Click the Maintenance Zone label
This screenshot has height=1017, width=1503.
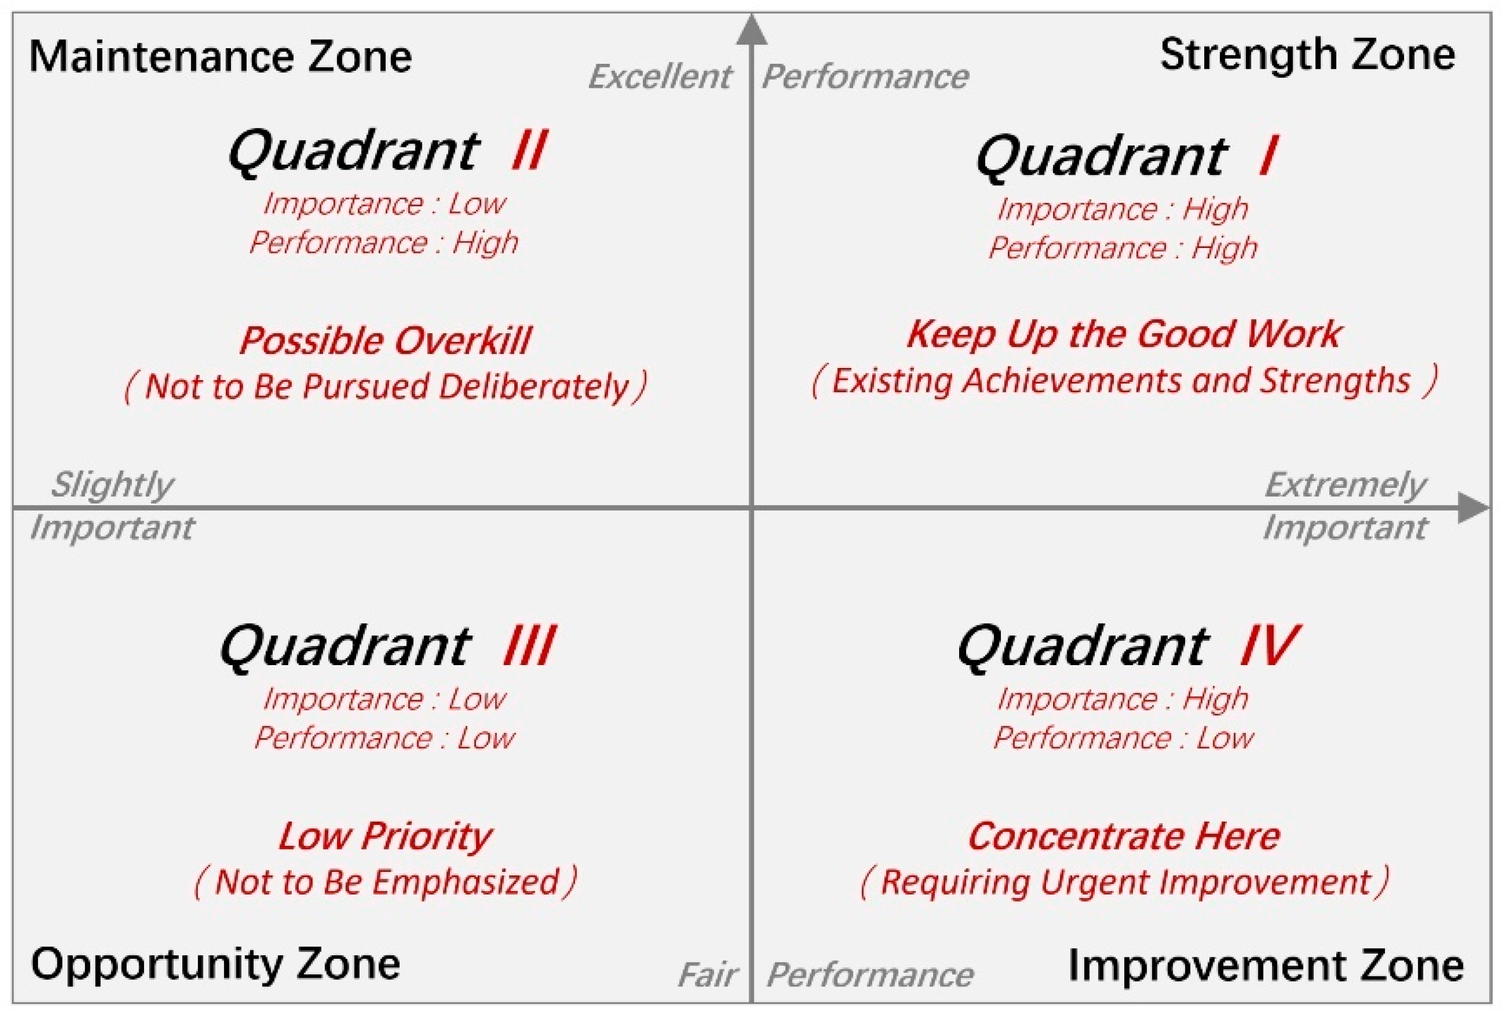(220, 56)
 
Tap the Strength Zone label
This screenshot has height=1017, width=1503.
(1308, 56)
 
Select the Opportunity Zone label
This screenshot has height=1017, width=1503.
(215, 965)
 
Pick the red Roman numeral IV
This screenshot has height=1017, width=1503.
(1269, 645)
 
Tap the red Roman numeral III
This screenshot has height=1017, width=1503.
(529, 645)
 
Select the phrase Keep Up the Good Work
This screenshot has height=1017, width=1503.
(1124, 335)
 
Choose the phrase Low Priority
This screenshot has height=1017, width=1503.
(386, 837)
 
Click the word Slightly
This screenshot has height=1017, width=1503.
(112, 485)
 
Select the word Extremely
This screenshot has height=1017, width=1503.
(1345, 485)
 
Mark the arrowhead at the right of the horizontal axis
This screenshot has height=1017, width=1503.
(1474, 507)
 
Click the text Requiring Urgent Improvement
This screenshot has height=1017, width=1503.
(1125, 882)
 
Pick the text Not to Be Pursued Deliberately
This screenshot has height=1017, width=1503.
(386, 387)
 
